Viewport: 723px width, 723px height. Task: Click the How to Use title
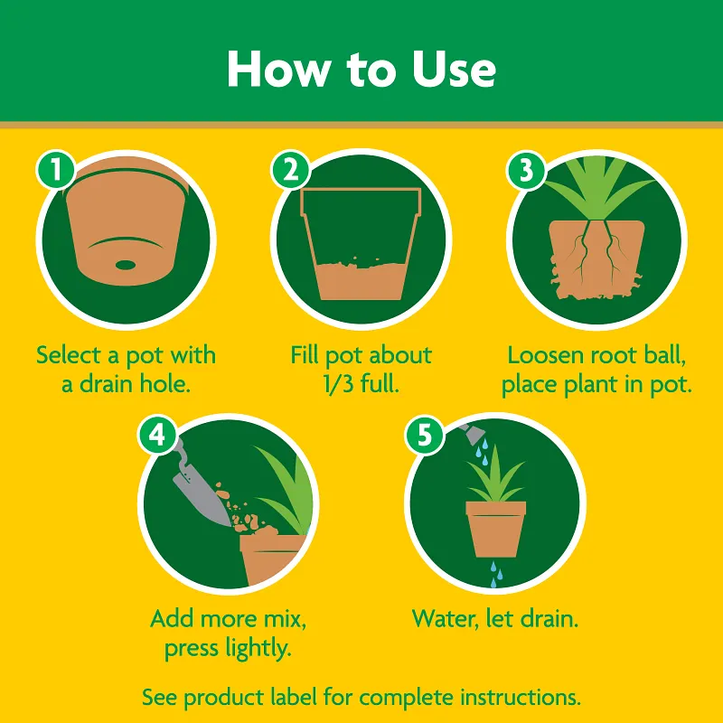tap(361, 69)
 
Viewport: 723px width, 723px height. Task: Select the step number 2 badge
tap(291, 169)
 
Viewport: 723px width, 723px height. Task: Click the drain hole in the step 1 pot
tap(127, 265)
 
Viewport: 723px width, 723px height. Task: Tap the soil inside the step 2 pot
tap(361, 281)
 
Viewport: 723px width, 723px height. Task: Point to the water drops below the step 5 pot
tap(494, 575)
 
